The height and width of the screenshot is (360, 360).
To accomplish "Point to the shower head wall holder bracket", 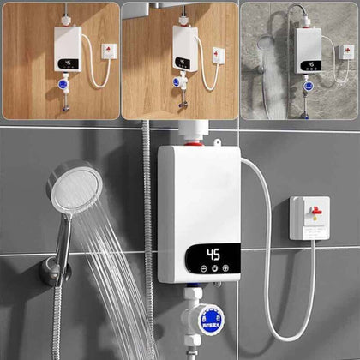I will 53,273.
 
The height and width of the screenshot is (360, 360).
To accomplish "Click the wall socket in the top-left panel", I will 107,51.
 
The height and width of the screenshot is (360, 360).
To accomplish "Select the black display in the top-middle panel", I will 183,63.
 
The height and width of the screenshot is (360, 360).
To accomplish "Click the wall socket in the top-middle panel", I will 219,55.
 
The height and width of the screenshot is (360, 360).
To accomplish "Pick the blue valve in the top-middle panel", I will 177,83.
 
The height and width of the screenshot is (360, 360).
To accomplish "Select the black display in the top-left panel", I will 67,63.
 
